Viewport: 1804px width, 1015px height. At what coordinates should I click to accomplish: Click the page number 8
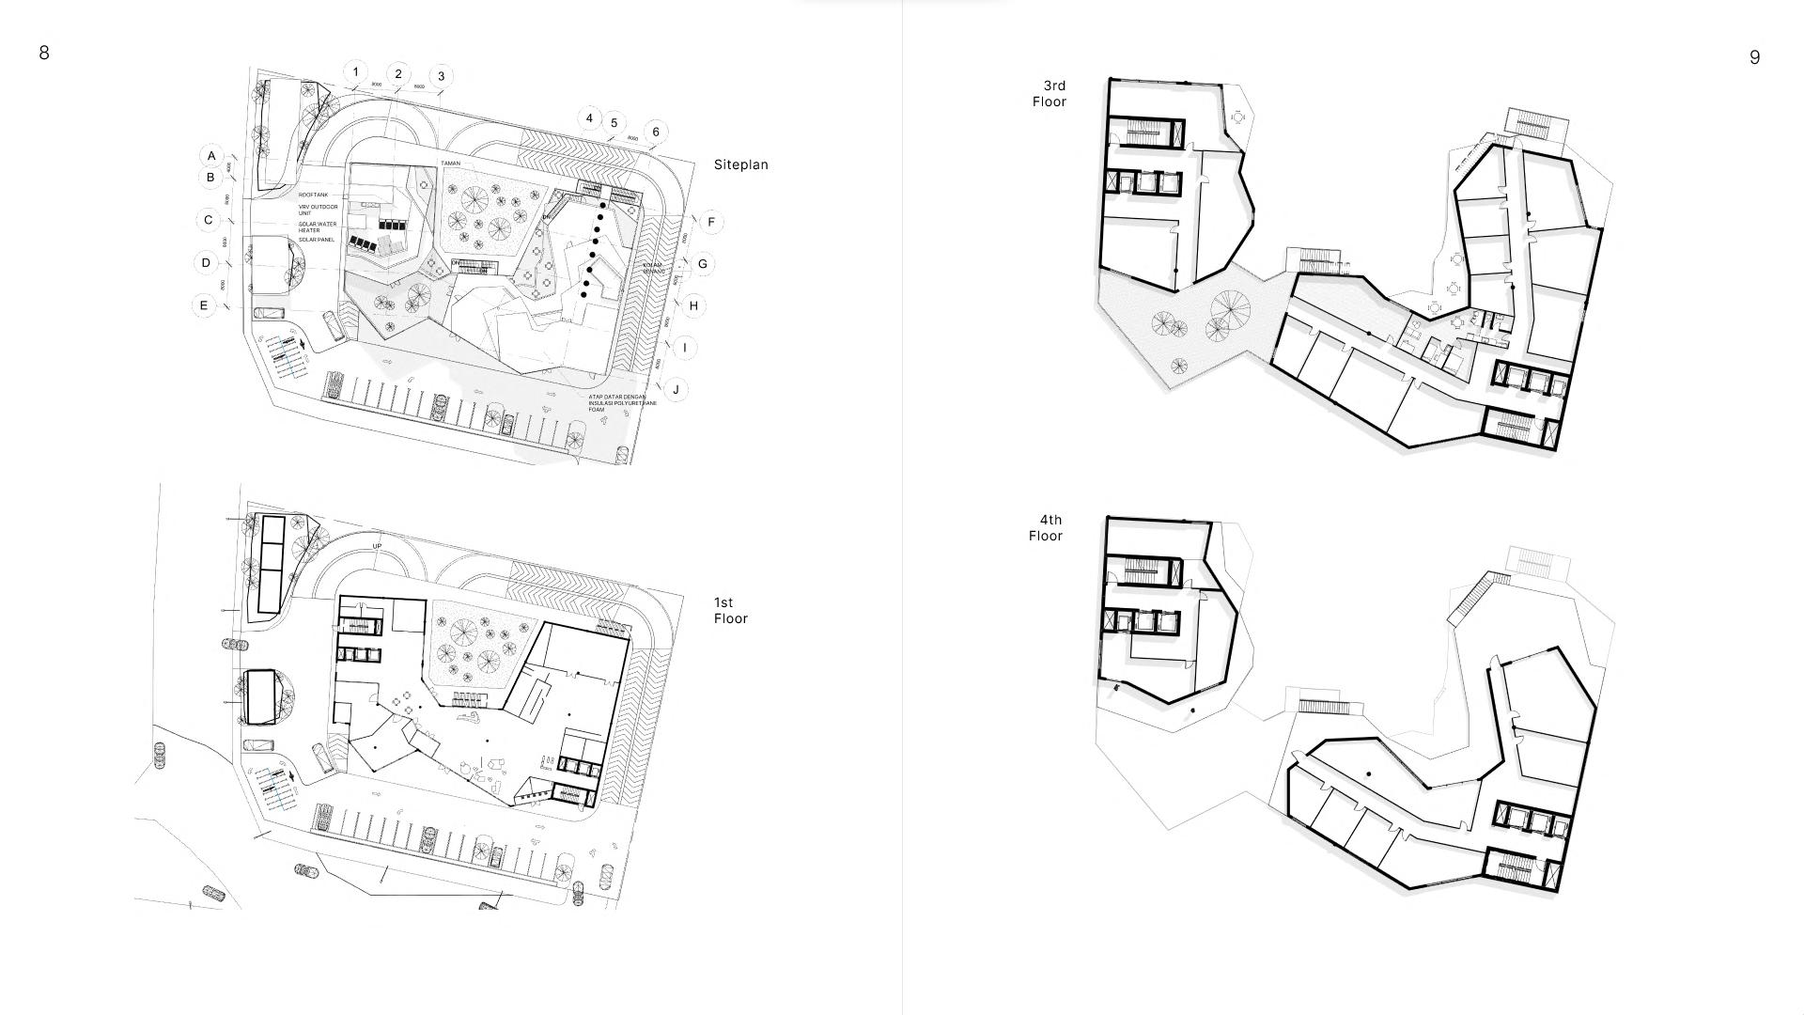click(x=44, y=53)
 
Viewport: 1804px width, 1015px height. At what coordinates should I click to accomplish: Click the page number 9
click(x=1754, y=57)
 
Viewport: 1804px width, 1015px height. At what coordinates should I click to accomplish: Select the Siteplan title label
click(x=740, y=164)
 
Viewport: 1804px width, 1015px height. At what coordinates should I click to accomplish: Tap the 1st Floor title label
click(x=730, y=610)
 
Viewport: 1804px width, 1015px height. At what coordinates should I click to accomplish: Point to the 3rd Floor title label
click(x=1050, y=94)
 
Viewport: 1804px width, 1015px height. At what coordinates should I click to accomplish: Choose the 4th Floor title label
click(x=1046, y=527)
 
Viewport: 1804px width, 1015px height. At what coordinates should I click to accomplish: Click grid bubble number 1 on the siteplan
click(x=355, y=71)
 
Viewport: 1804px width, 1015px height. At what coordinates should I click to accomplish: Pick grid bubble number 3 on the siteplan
click(x=441, y=76)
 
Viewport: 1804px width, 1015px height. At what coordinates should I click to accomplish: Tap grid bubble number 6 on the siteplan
click(x=656, y=132)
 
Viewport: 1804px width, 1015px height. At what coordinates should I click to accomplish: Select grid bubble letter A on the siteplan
click(x=211, y=156)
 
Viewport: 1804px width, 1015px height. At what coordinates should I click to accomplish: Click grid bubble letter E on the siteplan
click(x=203, y=305)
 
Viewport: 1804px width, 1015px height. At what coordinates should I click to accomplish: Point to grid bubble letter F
click(x=711, y=223)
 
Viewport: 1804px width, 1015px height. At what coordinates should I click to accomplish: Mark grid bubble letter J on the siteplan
click(x=676, y=389)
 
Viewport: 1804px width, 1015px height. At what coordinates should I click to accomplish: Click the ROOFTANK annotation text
click(x=314, y=195)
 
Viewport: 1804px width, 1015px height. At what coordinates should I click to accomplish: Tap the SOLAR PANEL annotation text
click(x=317, y=240)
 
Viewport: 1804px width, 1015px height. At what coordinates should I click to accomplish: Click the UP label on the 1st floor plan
click(x=377, y=546)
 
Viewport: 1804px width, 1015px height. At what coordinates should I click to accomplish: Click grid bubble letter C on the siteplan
click(x=208, y=221)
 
